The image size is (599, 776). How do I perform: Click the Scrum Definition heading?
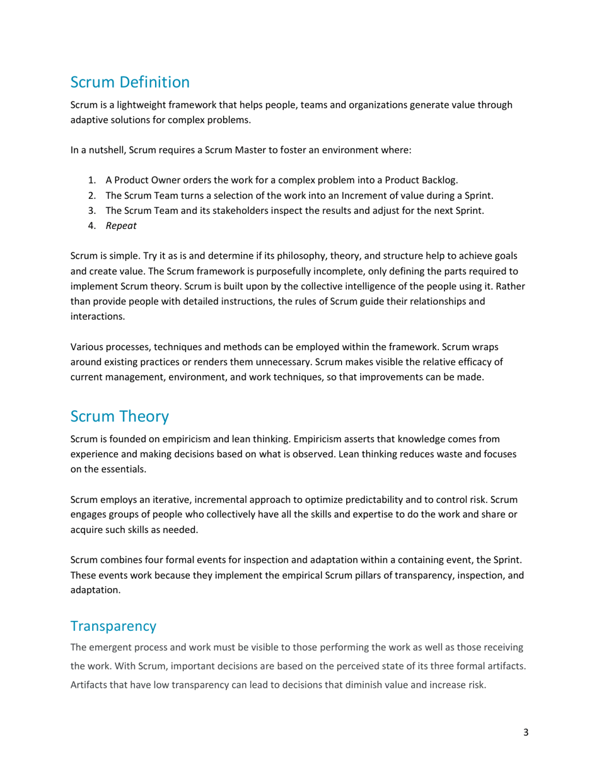(x=129, y=82)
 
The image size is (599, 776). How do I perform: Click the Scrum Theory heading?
(x=119, y=416)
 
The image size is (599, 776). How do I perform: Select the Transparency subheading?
(x=113, y=626)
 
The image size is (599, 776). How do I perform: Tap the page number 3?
(x=525, y=732)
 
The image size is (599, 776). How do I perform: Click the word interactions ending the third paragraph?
(x=97, y=317)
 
